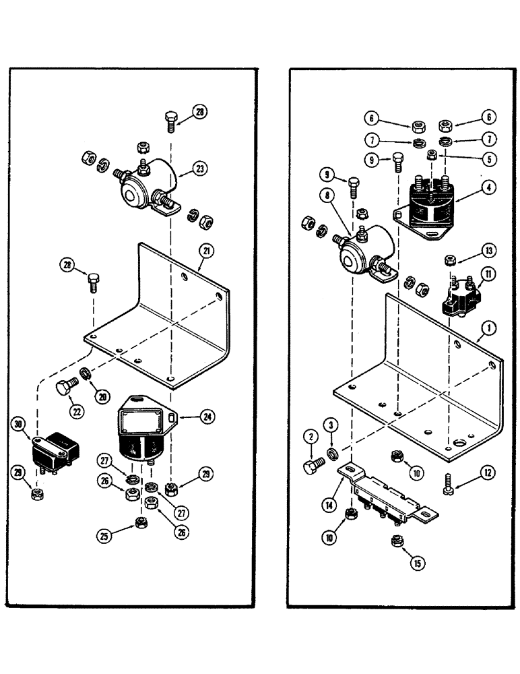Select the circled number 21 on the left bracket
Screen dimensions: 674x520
(205, 251)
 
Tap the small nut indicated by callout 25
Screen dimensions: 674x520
(142, 522)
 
